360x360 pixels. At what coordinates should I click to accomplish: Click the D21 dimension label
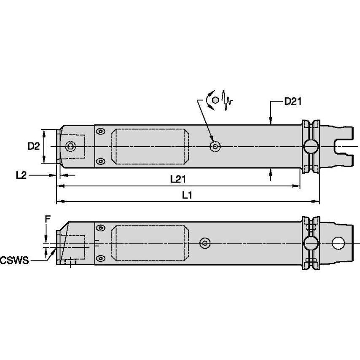coord(293,101)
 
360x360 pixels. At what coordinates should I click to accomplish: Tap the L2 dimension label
coord(21,175)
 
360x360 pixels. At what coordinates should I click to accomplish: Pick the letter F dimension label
coord(48,219)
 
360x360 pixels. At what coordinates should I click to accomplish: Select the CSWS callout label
coord(14,261)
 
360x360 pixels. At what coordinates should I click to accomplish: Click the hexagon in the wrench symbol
coord(215,100)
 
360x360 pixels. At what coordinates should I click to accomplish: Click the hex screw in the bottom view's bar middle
coord(204,243)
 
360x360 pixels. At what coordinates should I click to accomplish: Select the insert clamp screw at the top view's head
coord(70,147)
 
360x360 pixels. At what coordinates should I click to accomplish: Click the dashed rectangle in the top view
coord(149,147)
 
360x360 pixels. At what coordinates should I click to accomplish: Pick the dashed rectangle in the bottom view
coord(149,243)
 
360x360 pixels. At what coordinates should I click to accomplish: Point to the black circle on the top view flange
coord(311,147)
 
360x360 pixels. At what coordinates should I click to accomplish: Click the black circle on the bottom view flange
coord(311,243)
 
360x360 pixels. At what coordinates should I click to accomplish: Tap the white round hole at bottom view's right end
coord(338,243)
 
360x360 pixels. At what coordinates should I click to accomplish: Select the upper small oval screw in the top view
coord(100,132)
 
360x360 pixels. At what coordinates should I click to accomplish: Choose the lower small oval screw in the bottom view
coord(100,258)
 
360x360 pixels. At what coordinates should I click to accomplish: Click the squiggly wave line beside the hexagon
coord(226,100)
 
